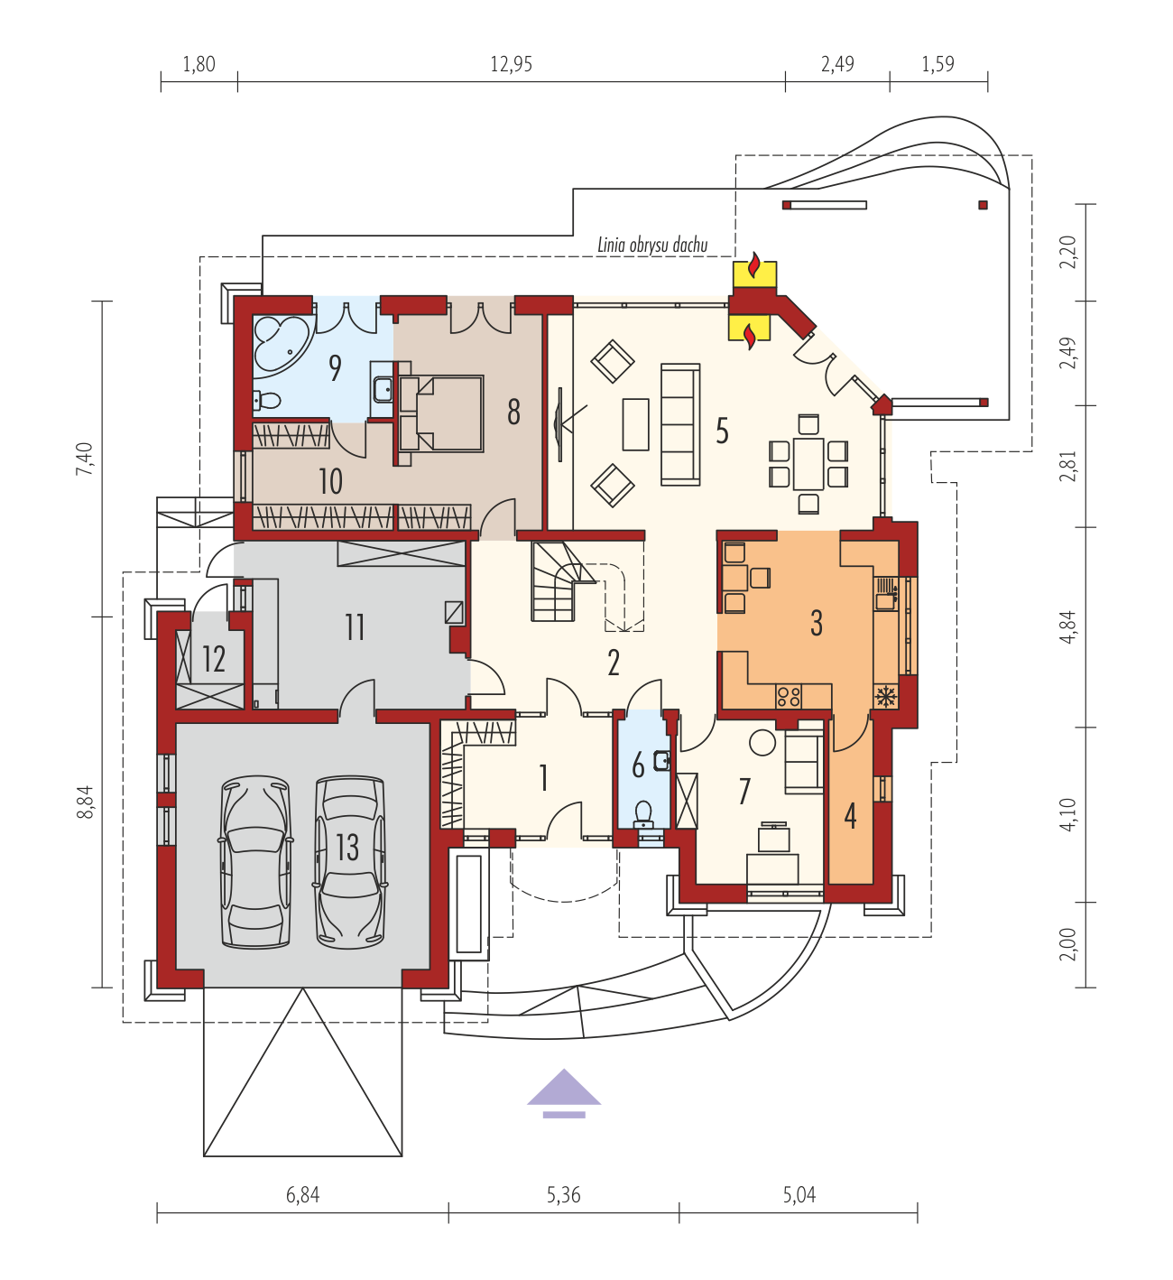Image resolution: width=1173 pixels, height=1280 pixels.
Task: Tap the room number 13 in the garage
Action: coord(347,848)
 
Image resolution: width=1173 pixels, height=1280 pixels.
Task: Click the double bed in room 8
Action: coord(440,413)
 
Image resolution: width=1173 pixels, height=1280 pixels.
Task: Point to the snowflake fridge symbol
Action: coord(885,696)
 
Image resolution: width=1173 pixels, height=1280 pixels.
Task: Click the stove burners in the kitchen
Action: coord(789,697)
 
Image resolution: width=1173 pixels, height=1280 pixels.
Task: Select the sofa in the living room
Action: coord(680,424)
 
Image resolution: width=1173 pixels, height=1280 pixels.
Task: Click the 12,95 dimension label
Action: coord(511,64)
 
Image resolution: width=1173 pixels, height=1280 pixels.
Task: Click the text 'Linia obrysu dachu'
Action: coord(651,245)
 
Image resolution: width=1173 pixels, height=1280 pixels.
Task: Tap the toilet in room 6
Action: coord(643,815)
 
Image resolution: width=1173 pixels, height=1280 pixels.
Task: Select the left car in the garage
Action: coord(255,861)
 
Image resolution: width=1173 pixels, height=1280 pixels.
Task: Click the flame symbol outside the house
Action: coord(753,265)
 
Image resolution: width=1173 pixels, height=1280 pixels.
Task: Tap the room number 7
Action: coord(744,792)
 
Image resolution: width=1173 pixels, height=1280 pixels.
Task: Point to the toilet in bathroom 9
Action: coord(267,401)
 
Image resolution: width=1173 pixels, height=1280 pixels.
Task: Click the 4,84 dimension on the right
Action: coord(1069,627)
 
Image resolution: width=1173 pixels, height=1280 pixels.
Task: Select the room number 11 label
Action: coord(355,627)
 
